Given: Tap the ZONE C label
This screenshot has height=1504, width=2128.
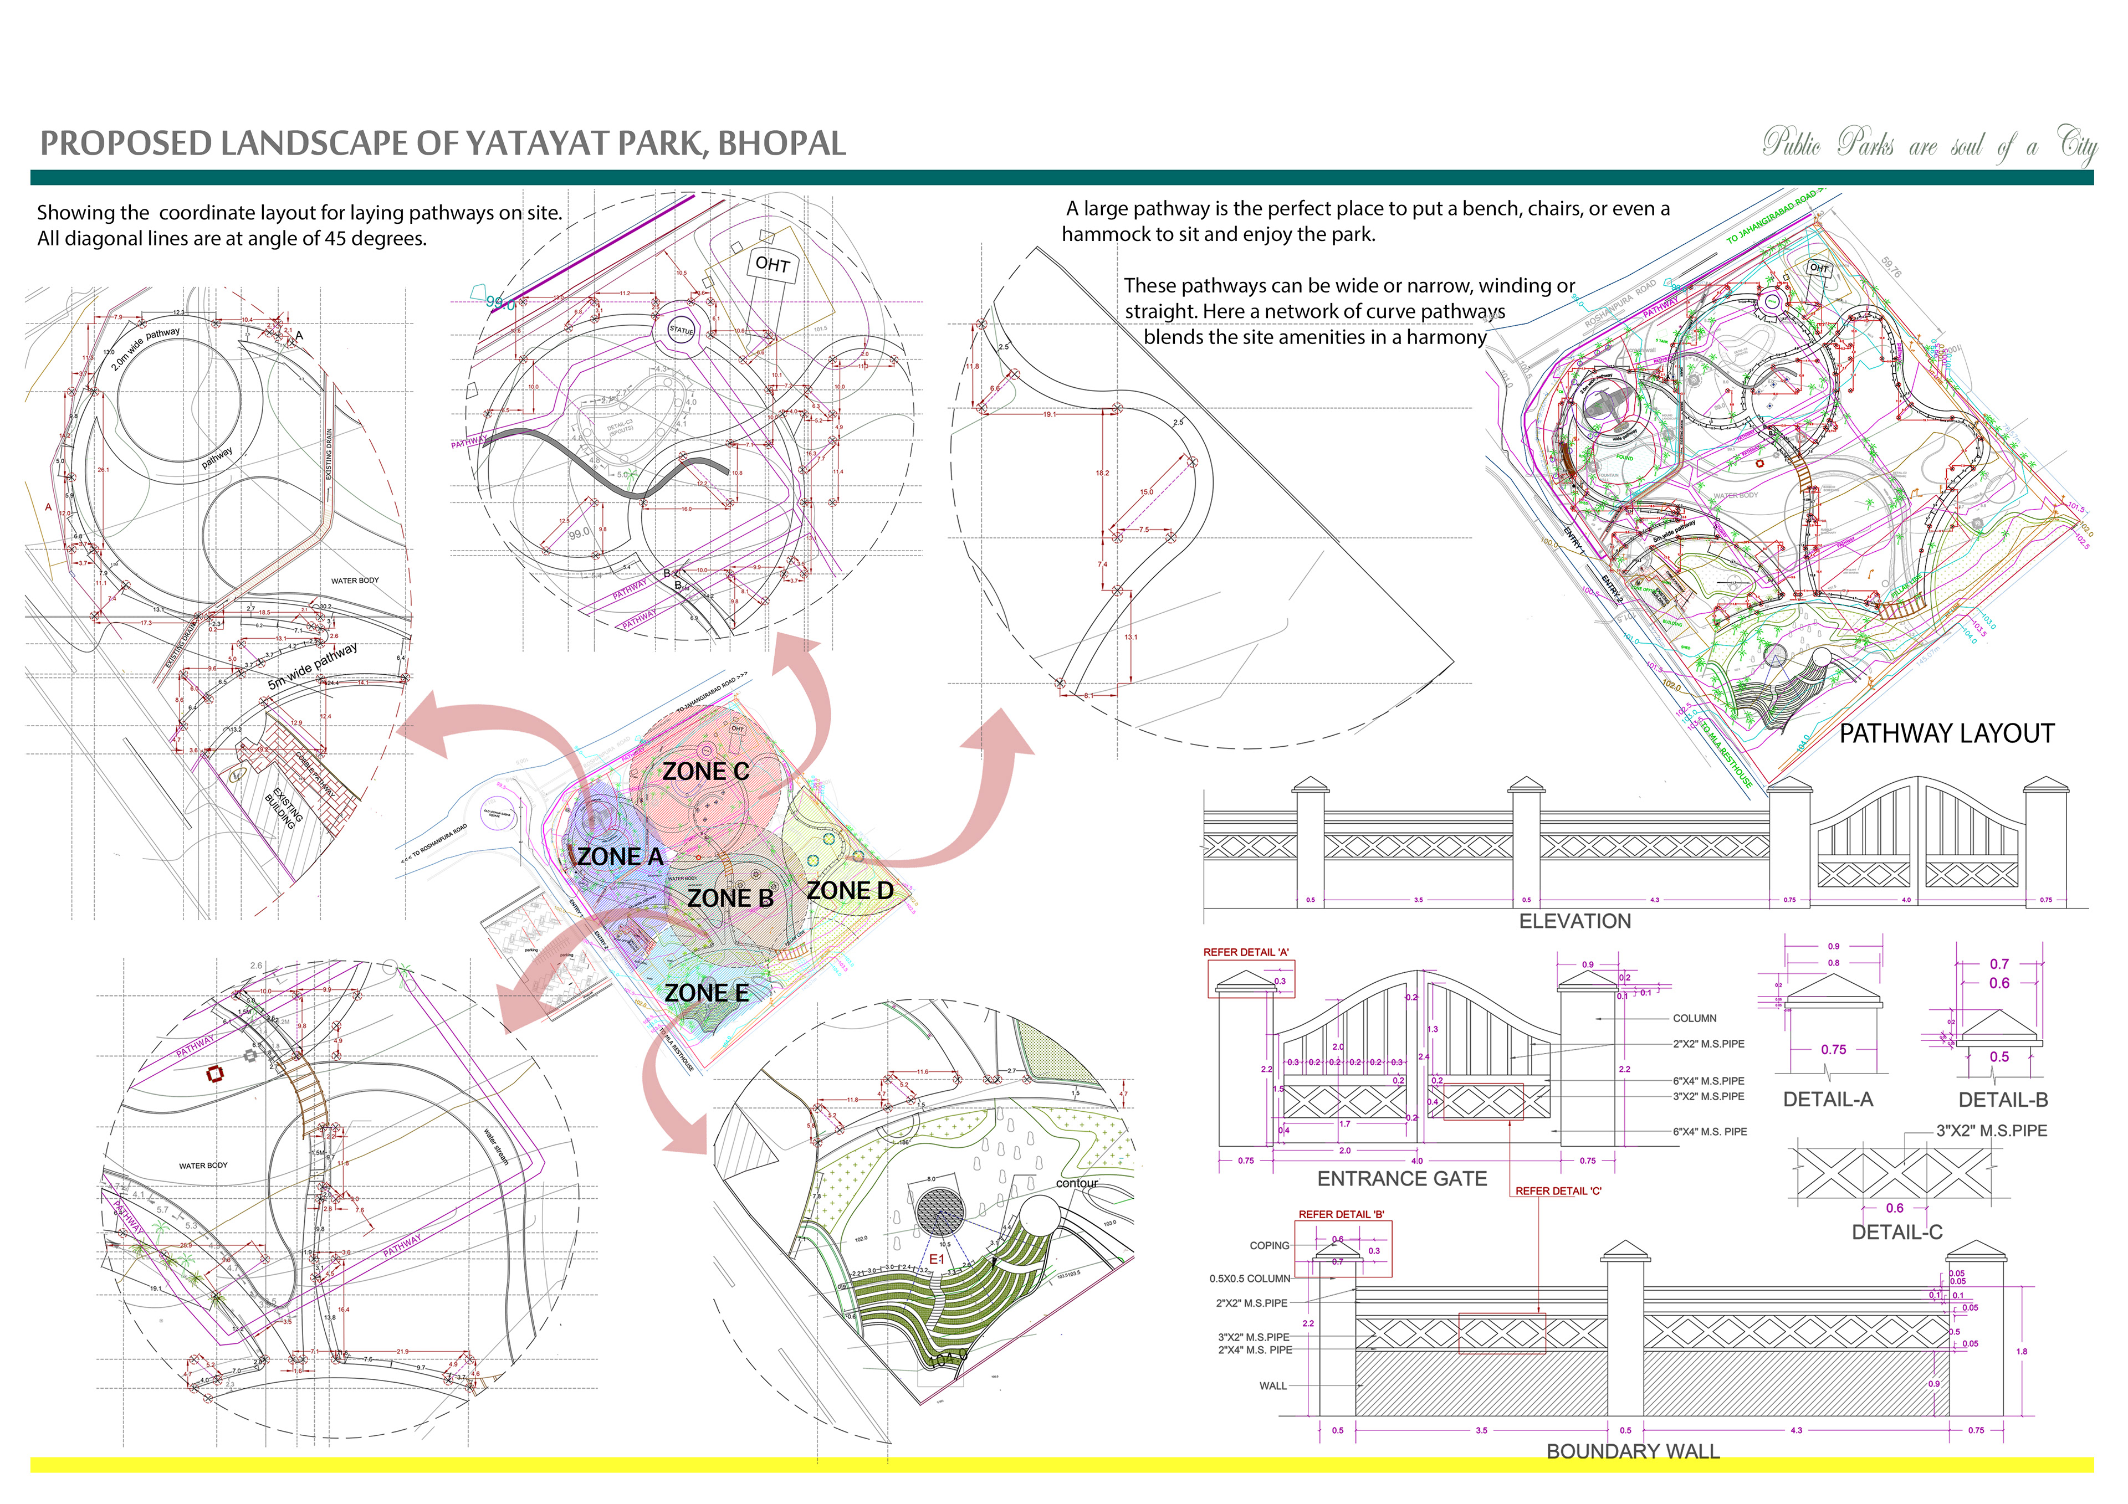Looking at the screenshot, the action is tap(705, 771).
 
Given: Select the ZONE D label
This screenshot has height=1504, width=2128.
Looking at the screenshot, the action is tap(850, 891).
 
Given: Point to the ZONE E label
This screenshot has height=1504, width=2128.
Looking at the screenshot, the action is tap(706, 993).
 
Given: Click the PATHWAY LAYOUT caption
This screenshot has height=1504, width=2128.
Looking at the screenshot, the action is tap(1946, 734).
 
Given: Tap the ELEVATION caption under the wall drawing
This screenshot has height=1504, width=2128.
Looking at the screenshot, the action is tap(1575, 921).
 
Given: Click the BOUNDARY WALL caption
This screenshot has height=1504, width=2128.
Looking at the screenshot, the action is tap(1633, 1451).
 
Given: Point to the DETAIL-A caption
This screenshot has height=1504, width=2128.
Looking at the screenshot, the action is tap(1828, 1100).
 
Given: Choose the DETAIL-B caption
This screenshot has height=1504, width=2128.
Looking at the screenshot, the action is tap(2003, 1100).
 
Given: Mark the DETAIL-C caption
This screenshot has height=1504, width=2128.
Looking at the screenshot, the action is tap(1896, 1233).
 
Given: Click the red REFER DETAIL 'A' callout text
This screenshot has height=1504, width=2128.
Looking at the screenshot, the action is tap(1246, 953).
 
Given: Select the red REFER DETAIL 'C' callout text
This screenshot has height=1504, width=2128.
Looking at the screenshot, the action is tap(1558, 1191).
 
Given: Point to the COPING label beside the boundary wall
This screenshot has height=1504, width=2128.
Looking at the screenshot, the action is tap(1269, 1245).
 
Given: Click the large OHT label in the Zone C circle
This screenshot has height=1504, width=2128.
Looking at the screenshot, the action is tap(772, 264).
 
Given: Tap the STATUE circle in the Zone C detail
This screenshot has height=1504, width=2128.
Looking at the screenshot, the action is tap(681, 330).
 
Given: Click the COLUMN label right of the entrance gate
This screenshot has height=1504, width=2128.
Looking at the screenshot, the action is tap(1694, 1018).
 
